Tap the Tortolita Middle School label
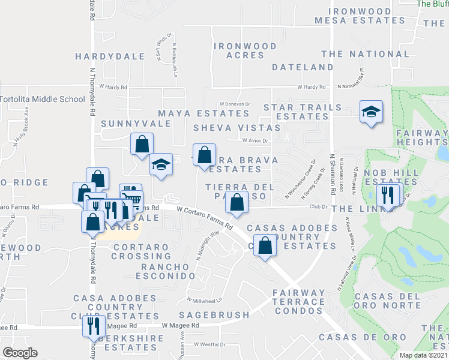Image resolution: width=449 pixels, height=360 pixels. [x=43, y=99]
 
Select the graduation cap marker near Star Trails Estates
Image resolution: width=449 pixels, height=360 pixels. [x=371, y=112]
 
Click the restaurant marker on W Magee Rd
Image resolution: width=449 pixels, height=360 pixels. [x=93, y=326]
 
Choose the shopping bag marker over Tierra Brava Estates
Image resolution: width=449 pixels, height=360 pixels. [x=204, y=155]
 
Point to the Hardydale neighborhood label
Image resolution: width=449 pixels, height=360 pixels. [x=110, y=56]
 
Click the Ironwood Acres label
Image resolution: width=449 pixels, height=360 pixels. [x=246, y=50]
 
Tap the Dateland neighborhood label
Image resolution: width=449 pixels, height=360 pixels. [x=302, y=67]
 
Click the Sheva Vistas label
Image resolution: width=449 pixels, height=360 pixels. [x=237, y=128]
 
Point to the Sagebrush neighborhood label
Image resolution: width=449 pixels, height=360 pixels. [x=213, y=315]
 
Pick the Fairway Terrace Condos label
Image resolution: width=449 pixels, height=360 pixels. [x=298, y=302]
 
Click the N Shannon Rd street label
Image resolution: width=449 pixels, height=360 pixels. [x=332, y=174]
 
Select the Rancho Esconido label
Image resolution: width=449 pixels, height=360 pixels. [x=168, y=271]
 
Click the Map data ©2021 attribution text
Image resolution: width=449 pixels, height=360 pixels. [x=423, y=355]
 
